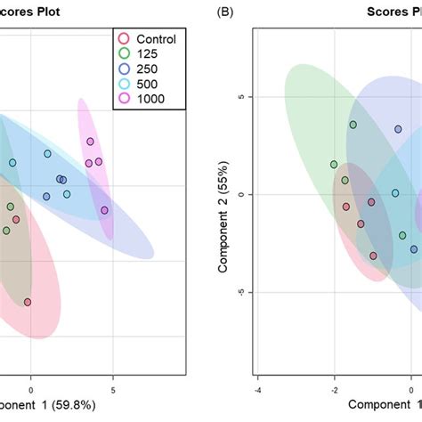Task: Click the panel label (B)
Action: pos(222,12)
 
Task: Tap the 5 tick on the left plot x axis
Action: pos(113,389)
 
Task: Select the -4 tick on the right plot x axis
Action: pos(257,389)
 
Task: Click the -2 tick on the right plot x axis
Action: pos(335,389)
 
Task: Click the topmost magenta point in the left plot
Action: pos(91,142)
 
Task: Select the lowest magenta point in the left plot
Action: pos(105,210)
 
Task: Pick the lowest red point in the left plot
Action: pos(28,302)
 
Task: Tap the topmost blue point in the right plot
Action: pos(398,129)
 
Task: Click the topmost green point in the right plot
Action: pos(353,125)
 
